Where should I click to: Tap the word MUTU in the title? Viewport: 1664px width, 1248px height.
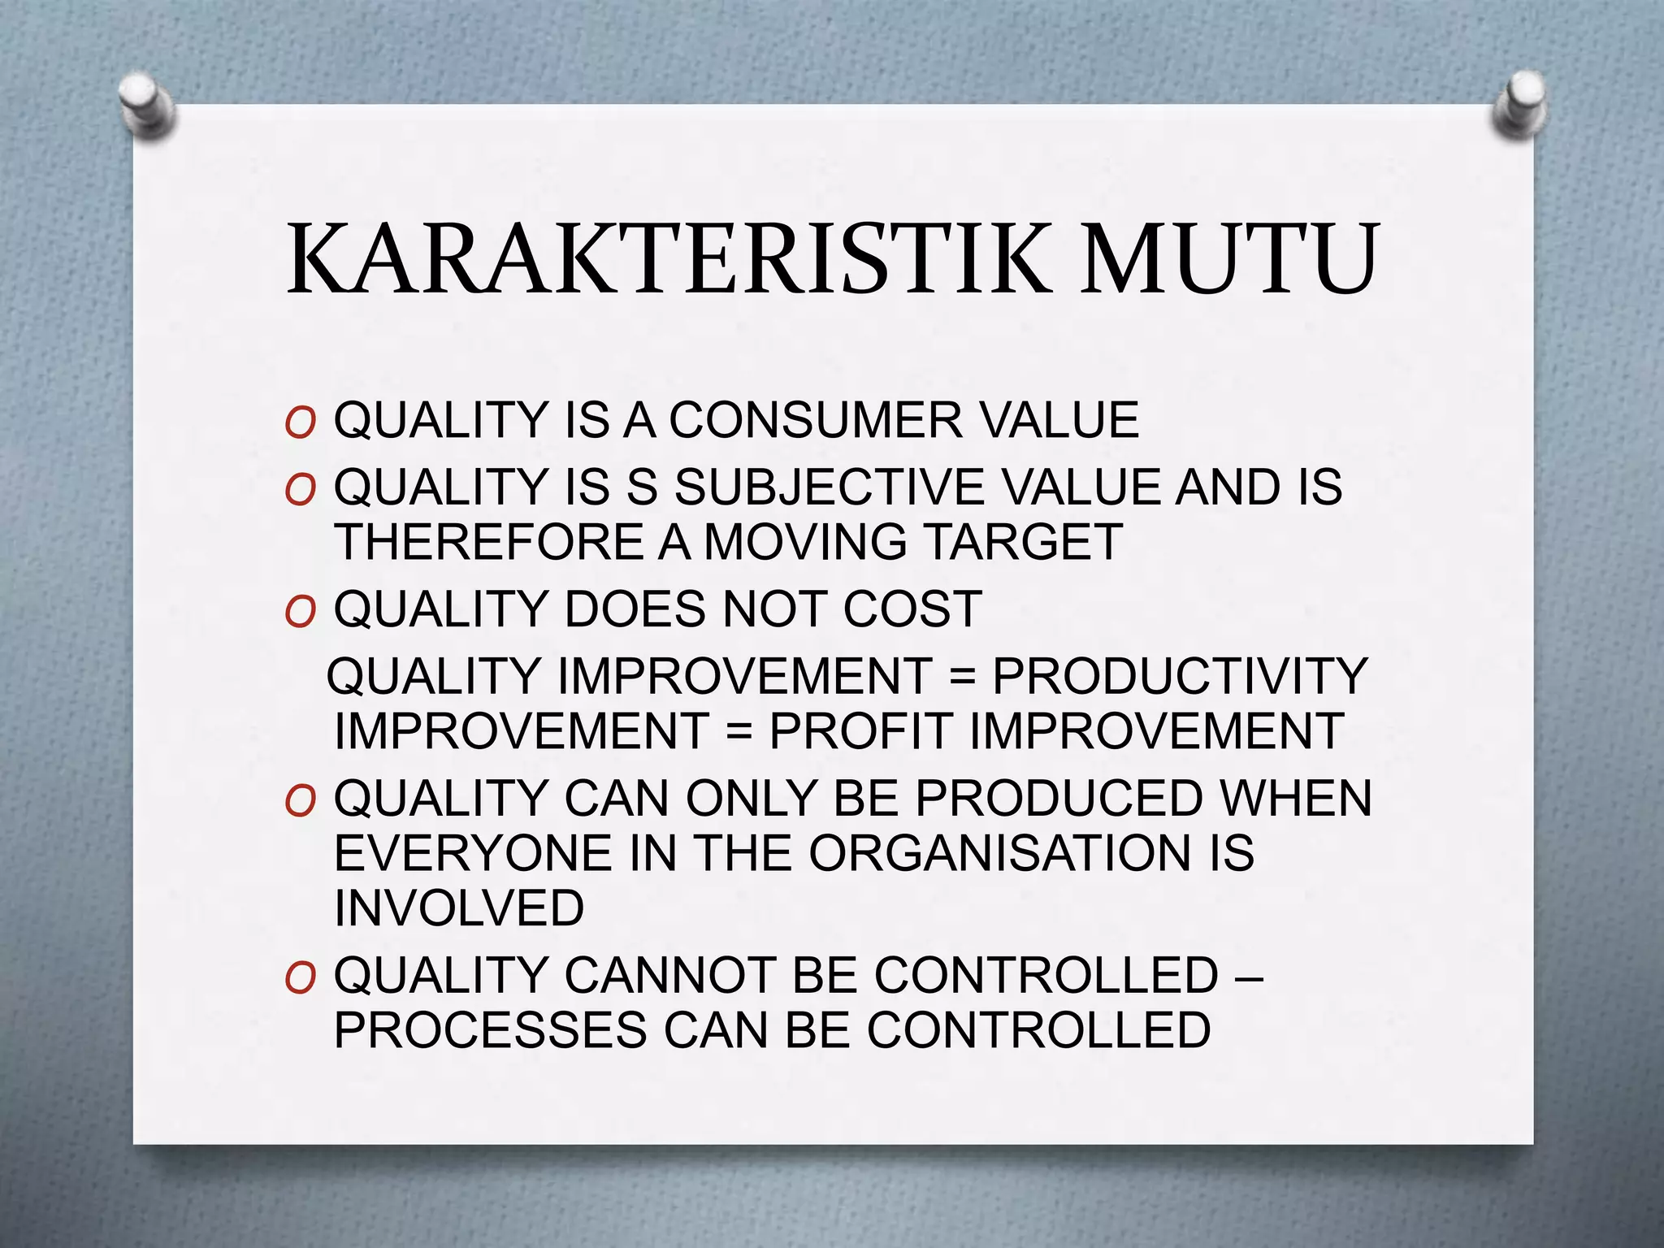[1228, 258]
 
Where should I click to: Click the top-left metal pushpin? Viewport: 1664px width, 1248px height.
[146, 105]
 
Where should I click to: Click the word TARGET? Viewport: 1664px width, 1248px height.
[1025, 542]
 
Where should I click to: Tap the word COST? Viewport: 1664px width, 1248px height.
[912, 609]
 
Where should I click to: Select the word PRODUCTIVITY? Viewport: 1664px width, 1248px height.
[1180, 676]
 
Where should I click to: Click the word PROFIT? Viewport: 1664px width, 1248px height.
[860, 731]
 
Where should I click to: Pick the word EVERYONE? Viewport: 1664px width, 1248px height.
[472, 854]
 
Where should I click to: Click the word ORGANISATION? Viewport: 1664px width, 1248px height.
[999, 854]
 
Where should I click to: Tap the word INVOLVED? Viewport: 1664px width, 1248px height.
[459, 908]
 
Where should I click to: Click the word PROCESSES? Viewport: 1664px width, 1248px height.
[491, 1030]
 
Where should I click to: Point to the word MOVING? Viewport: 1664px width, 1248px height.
[805, 542]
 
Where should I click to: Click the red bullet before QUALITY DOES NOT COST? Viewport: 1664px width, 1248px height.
[300, 612]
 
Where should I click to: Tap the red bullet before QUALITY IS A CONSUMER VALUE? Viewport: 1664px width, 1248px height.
[300, 423]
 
